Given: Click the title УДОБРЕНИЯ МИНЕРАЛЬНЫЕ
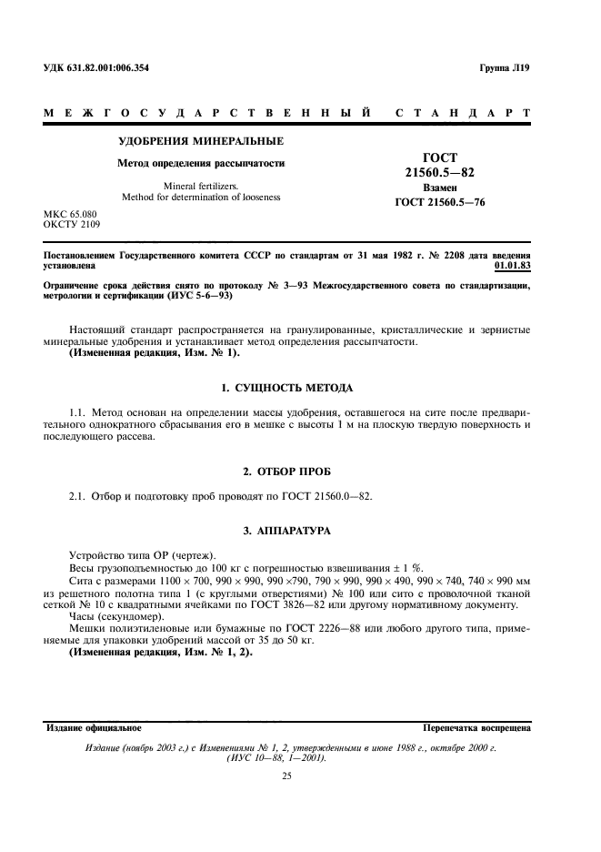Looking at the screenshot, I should (x=201, y=141).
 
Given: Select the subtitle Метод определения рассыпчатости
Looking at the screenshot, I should (x=201, y=164).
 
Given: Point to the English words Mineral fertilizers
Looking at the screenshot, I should (x=201, y=186).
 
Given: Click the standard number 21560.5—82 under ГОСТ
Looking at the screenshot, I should (x=439, y=171).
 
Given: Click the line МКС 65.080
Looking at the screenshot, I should (x=70, y=214).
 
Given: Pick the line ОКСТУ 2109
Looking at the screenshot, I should (x=72, y=224).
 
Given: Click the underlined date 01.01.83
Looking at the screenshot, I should (x=512, y=267).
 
